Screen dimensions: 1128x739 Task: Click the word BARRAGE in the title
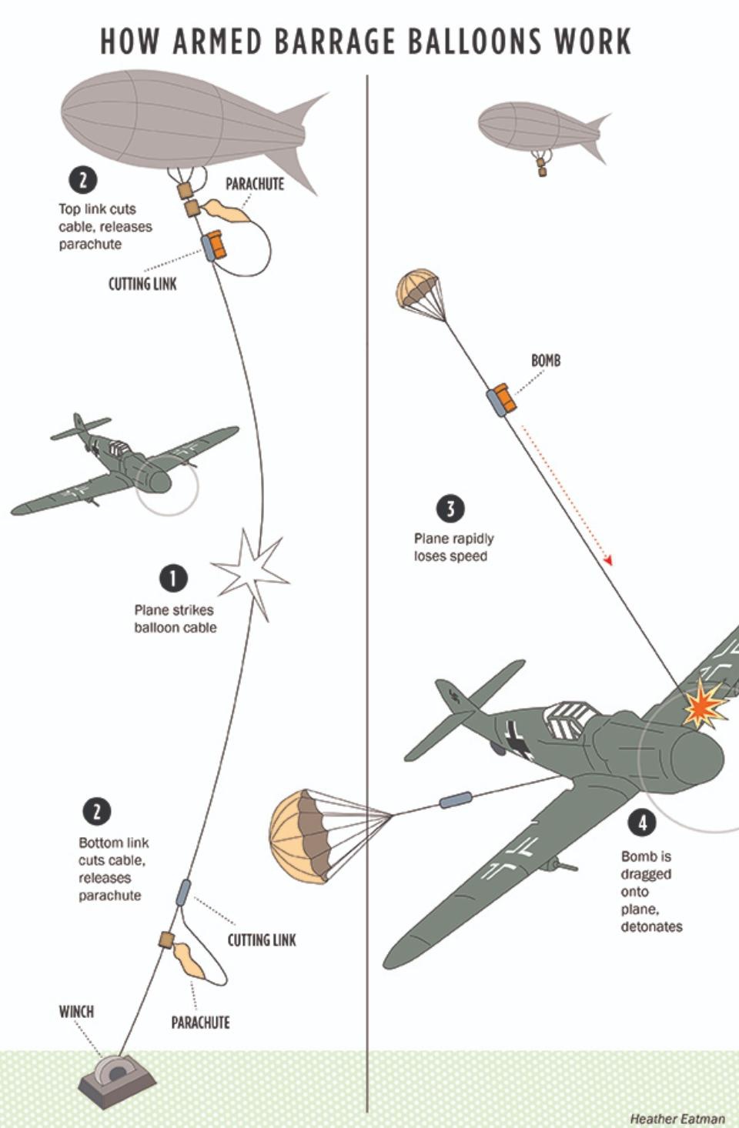click(334, 42)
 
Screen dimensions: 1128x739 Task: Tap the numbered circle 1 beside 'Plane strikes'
click(173, 578)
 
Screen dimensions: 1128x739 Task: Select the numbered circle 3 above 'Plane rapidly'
click(450, 509)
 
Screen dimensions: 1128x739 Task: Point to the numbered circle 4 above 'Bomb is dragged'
click(642, 823)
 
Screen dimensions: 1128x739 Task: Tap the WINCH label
click(76, 1011)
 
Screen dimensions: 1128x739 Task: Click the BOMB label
click(546, 360)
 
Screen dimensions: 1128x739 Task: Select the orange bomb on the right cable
click(503, 396)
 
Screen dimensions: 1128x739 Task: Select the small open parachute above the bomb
click(418, 288)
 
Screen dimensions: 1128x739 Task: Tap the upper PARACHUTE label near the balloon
click(254, 184)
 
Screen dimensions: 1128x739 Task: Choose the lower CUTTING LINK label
click(262, 939)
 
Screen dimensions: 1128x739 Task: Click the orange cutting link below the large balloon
click(213, 245)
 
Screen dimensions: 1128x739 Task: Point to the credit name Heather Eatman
click(677, 1119)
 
